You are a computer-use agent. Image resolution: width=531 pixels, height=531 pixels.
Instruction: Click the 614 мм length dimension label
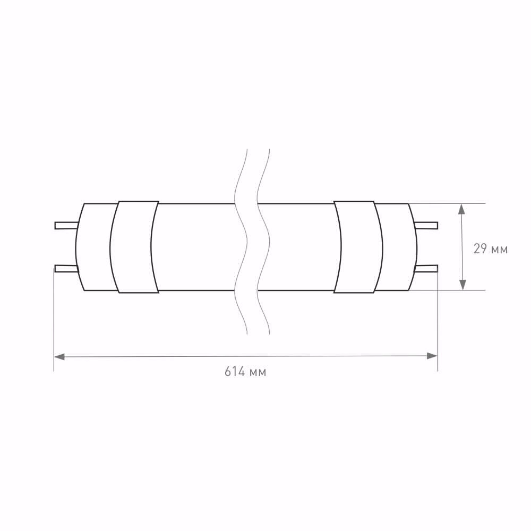[x=245, y=372]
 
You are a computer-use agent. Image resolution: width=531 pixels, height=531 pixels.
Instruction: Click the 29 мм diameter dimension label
[x=491, y=249]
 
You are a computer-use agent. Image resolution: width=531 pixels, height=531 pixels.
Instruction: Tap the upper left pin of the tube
[x=66, y=226]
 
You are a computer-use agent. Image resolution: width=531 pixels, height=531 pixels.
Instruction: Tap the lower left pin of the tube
[x=66, y=269]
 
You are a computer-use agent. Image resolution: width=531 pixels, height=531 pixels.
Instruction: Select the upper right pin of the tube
[x=426, y=226]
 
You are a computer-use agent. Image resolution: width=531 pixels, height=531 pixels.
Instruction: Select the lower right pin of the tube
[x=426, y=269]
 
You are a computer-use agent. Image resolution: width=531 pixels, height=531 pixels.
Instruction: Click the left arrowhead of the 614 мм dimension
[x=59, y=356]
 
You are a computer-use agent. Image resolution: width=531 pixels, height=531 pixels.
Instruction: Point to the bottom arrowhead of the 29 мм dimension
[x=463, y=285]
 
